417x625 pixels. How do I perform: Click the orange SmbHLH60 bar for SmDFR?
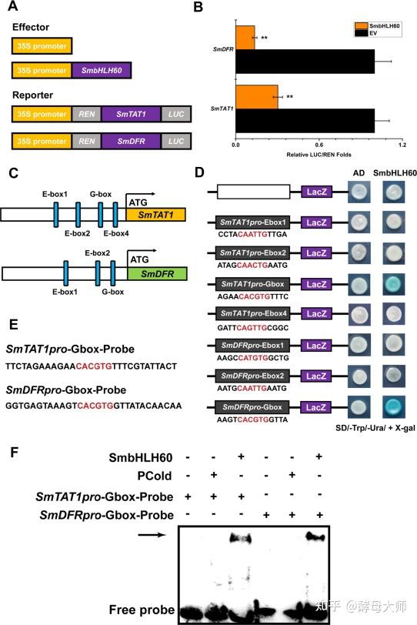tap(245, 36)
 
